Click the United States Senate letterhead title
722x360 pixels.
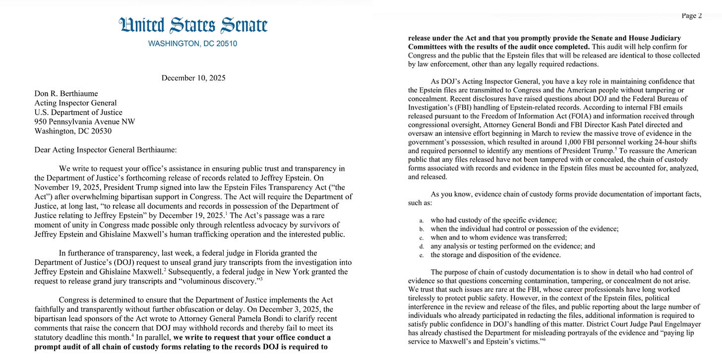193,25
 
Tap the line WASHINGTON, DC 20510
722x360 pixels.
193,44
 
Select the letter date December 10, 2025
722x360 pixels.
193,78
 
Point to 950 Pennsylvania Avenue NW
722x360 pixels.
84,122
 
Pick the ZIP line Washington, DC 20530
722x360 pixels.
73,131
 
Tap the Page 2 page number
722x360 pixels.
692,15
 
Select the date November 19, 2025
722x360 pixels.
64,187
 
